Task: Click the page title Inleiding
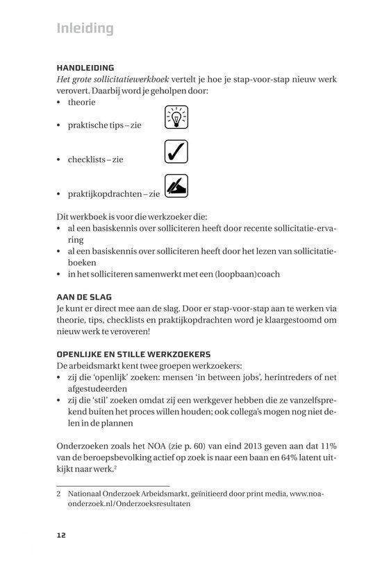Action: point(84,28)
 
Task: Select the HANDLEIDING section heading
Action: point(85,67)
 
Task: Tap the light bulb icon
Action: point(176,118)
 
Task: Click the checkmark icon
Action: point(176,152)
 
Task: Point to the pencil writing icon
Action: point(176,186)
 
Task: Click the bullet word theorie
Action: point(82,102)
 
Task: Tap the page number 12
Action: point(62,534)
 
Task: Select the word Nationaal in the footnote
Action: point(85,494)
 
